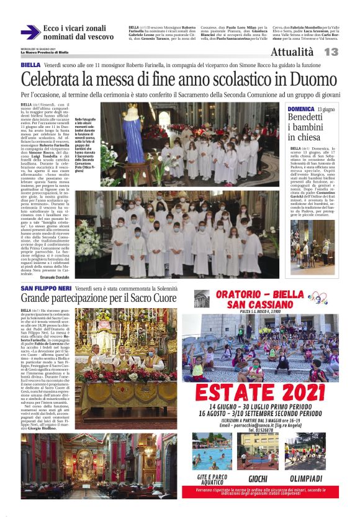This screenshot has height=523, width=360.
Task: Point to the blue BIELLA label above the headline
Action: point(30,65)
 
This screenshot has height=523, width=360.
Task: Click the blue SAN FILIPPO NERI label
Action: point(45,289)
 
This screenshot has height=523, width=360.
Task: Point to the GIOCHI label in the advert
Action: point(258,478)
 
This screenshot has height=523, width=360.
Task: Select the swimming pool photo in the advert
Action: point(213,450)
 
